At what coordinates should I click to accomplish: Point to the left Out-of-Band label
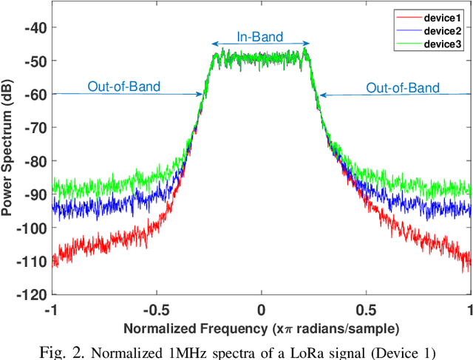point(123,86)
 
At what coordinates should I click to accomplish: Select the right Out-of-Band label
point(403,88)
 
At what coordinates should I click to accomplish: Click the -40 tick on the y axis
point(35,27)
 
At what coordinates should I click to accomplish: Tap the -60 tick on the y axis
point(35,94)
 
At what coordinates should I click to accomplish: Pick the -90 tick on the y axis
point(35,194)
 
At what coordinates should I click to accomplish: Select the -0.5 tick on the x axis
point(155,309)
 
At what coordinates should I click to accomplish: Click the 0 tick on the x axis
point(262,309)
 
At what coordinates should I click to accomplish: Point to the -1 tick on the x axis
point(52,309)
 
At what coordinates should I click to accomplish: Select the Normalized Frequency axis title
point(261,327)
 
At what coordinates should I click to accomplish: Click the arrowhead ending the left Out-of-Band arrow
point(201,94)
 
